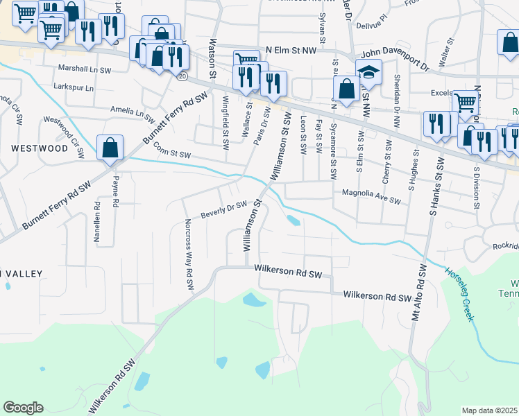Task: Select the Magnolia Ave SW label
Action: coord(368,197)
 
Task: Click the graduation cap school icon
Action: coord(368,72)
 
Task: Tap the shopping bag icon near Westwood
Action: coord(110,148)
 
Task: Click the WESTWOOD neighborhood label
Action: coord(40,148)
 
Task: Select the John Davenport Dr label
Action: coord(395,60)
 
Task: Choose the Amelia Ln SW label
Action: coord(131,111)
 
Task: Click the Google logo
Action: coord(23,408)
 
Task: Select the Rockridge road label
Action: coord(505,246)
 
